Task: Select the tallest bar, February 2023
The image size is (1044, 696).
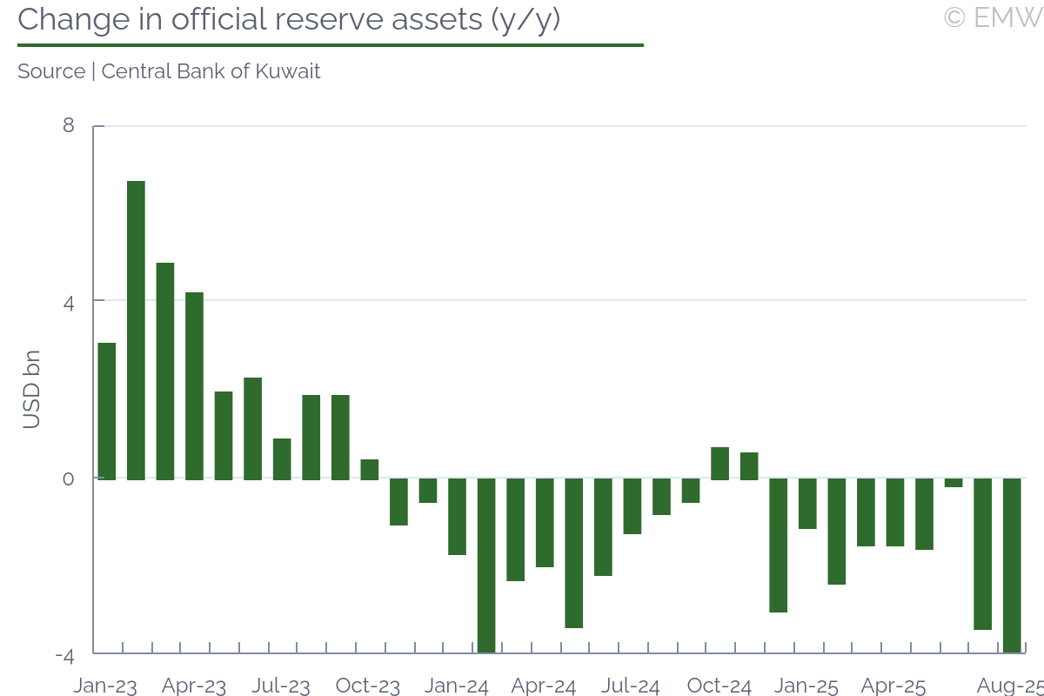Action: (136, 330)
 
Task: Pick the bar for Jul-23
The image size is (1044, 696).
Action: (282, 458)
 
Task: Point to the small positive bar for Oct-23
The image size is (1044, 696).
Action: (370, 469)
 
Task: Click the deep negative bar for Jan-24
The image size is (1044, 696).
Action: (486, 565)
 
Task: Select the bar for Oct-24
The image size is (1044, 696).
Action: (719, 463)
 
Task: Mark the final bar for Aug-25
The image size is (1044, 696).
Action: (1012, 565)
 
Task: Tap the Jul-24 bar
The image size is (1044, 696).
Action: (632, 505)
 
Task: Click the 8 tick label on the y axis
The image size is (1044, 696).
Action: (69, 126)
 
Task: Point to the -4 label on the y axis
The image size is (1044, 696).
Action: (64, 655)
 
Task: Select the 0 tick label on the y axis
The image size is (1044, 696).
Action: (69, 478)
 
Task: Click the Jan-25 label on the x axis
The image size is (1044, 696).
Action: (806, 686)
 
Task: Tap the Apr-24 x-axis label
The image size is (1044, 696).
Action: (544, 686)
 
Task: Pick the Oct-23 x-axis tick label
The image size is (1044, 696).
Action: (368, 686)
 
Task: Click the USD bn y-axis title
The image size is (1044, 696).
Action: (31, 390)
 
